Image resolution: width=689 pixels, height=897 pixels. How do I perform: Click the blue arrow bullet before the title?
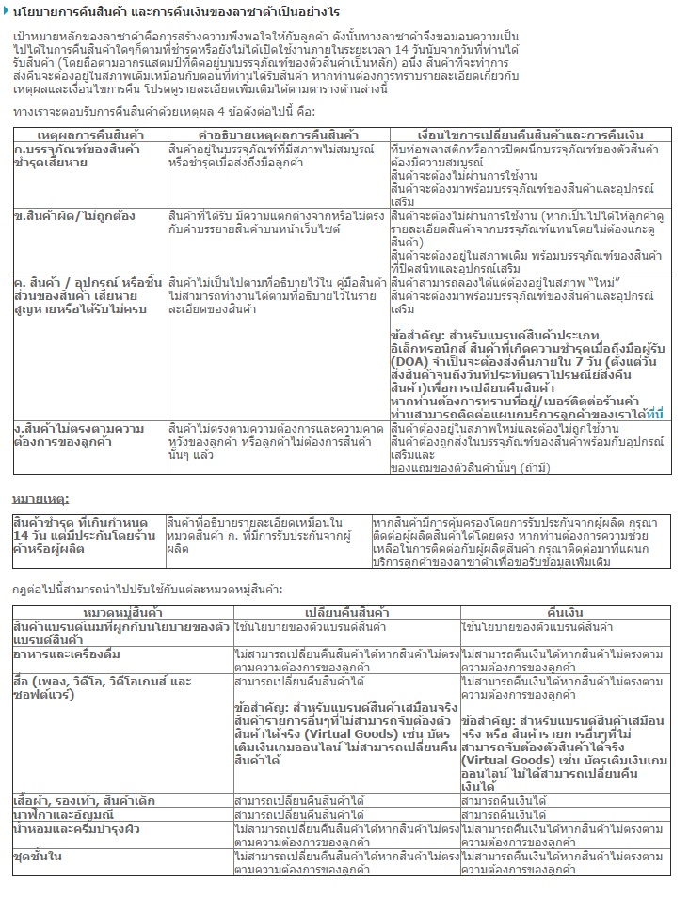point(7,9)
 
